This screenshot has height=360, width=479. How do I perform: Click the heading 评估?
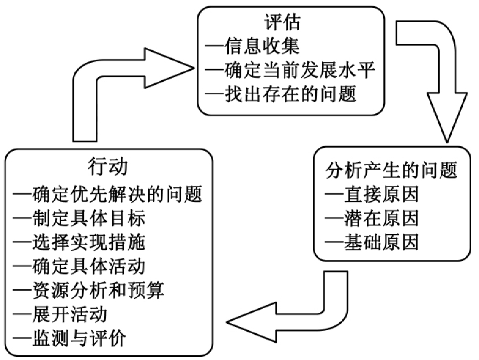[x=283, y=23]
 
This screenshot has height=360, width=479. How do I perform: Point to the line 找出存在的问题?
[x=281, y=95]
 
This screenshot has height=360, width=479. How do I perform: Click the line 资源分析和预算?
[x=89, y=290]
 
